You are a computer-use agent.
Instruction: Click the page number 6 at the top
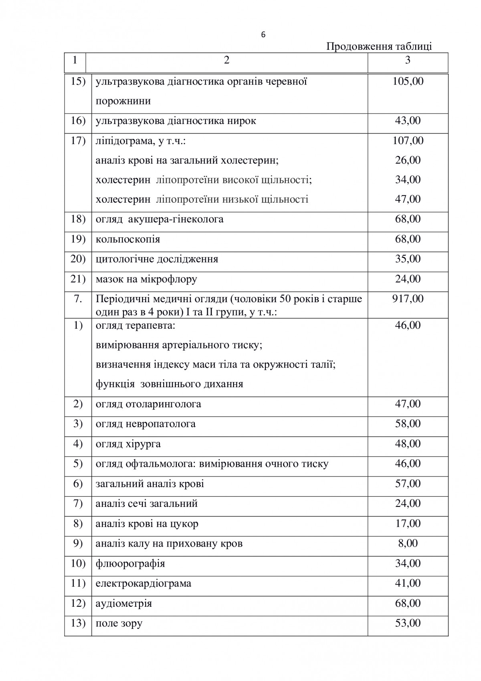pyautogui.click(x=263, y=35)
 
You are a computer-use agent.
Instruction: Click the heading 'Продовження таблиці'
pyautogui.click(x=379, y=47)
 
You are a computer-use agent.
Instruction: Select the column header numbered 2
pyautogui.click(x=227, y=60)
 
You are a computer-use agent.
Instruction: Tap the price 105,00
pyautogui.click(x=408, y=81)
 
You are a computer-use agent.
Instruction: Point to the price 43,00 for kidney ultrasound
pyautogui.click(x=408, y=121)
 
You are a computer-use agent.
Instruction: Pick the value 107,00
pyautogui.click(x=408, y=140)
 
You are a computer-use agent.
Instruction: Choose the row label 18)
pyautogui.click(x=78, y=219)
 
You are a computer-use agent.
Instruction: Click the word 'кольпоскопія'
pyautogui.click(x=128, y=240)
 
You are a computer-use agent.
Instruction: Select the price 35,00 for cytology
pyautogui.click(x=408, y=259)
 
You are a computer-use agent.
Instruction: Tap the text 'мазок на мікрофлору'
pyautogui.click(x=146, y=279)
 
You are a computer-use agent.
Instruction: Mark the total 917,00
pyautogui.click(x=408, y=299)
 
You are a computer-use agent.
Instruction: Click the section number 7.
pyautogui.click(x=78, y=299)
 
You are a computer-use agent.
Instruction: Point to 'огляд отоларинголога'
pyautogui.click(x=148, y=404)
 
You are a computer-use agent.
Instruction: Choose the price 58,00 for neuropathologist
pyautogui.click(x=408, y=424)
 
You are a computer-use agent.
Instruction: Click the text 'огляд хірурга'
pyautogui.click(x=128, y=444)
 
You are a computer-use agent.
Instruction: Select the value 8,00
pyautogui.click(x=408, y=543)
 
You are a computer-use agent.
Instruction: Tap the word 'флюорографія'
pyautogui.click(x=130, y=564)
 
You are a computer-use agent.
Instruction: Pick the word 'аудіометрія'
pyautogui.click(x=124, y=604)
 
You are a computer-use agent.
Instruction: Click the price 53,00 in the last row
pyautogui.click(x=408, y=623)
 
